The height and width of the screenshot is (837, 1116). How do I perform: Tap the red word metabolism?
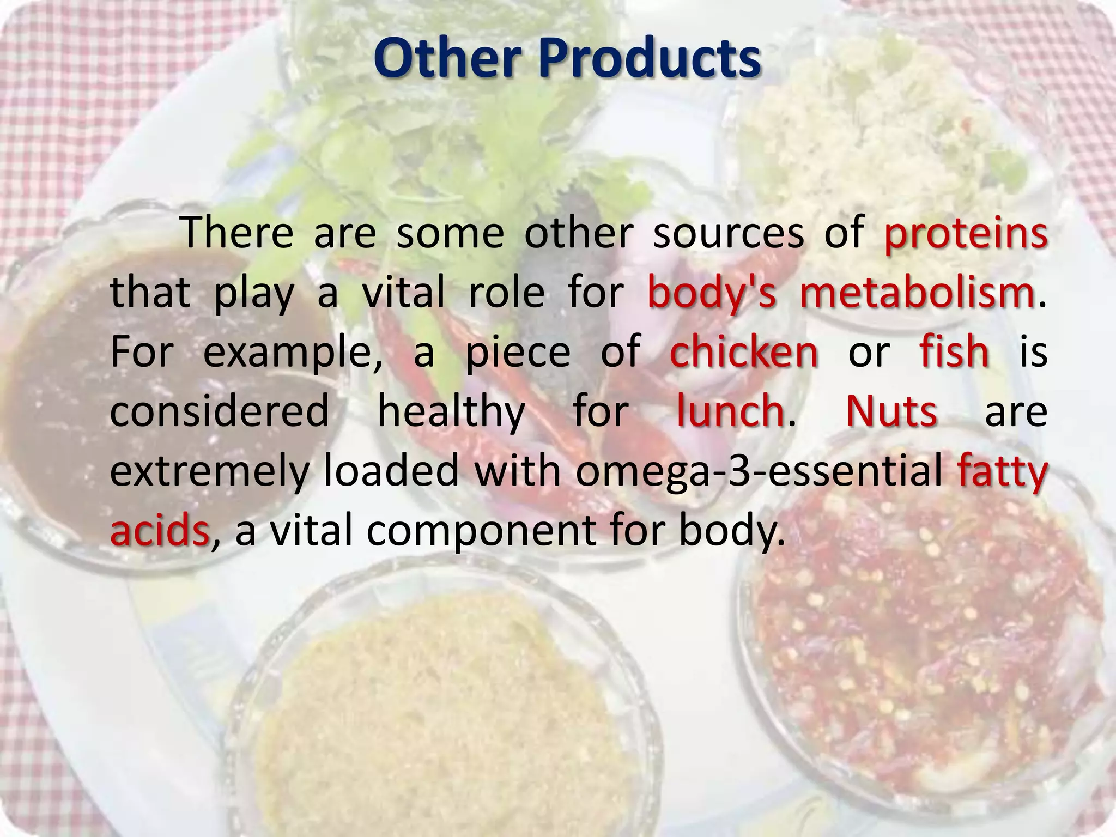point(917,293)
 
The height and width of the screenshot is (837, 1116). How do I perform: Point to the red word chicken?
point(744,352)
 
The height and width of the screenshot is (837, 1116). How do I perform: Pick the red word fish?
point(954,352)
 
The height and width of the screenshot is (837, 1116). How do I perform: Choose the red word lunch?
point(730,411)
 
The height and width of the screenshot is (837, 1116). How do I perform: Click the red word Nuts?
point(891,411)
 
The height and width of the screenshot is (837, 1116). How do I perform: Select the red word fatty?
point(1002,471)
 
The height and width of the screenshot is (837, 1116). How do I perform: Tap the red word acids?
point(159,530)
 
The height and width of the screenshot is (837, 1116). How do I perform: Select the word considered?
point(220,411)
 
